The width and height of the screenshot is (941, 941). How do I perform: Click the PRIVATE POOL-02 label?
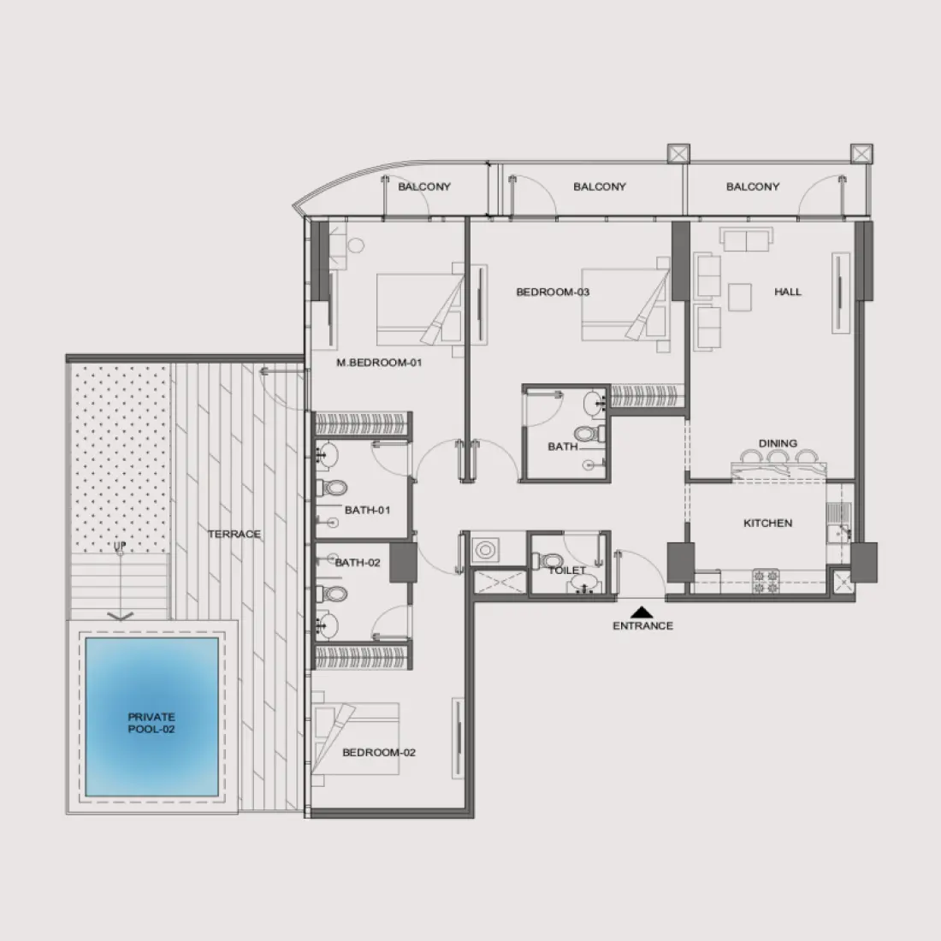pos(151,723)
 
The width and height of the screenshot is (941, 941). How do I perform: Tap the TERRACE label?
pos(234,534)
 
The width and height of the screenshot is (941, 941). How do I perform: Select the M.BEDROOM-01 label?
pos(380,363)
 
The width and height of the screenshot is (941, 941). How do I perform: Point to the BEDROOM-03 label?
pos(553,293)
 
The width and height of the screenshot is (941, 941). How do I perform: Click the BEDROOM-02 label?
pos(379,753)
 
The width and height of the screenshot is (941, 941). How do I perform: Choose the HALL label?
pos(788,292)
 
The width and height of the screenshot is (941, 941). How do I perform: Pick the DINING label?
pos(778,443)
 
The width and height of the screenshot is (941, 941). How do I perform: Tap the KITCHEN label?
pos(767,523)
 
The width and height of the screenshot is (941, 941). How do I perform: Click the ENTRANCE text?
pos(642,625)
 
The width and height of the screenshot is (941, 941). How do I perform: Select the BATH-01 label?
pos(367,510)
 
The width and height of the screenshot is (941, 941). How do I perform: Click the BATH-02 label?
pos(358,563)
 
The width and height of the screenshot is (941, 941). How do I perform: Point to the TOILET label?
pos(567,570)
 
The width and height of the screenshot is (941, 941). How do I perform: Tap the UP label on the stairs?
pos(121,545)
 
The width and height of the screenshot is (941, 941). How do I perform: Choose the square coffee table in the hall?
pos(740,296)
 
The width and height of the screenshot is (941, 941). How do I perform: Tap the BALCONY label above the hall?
pos(752,186)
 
